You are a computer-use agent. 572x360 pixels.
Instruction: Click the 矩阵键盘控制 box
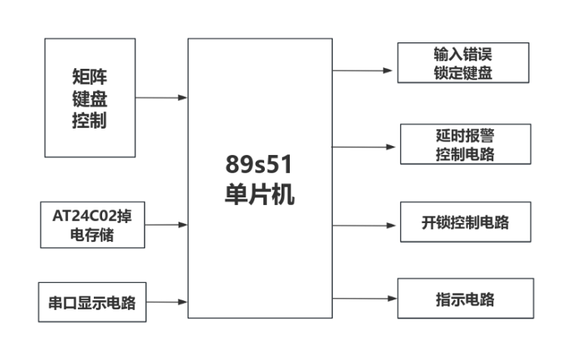click(x=89, y=98)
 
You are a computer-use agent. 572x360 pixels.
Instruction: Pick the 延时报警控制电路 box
click(x=465, y=144)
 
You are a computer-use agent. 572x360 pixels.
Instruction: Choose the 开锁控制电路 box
click(x=465, y=222)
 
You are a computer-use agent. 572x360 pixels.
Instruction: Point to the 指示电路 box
click(x=465, y=299)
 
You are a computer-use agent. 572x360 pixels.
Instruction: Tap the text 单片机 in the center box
click(x=260, y=194)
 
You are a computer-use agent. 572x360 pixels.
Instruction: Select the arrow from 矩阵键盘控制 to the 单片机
click(x=161, y=98)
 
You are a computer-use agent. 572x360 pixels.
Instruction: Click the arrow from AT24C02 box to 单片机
click(x=164, y=225)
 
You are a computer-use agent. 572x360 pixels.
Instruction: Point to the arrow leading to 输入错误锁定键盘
click(x=363, y=70)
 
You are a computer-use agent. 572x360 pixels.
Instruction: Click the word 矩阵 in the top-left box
click(x=89, y=76)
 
